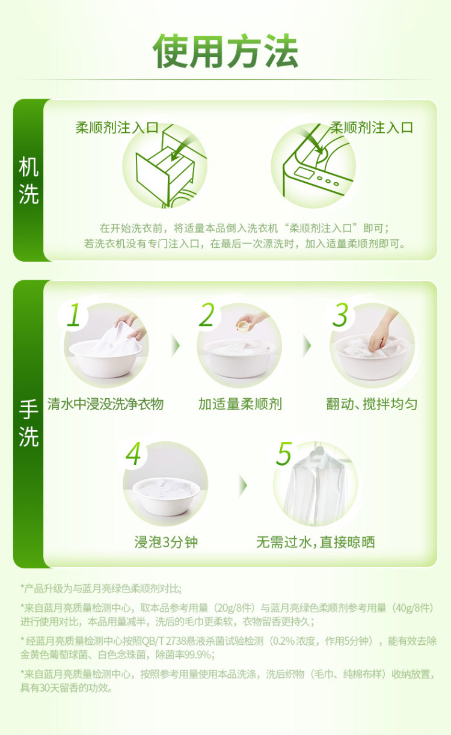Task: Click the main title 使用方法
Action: [x=226, y=51]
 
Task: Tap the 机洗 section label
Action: [x=28, y=180]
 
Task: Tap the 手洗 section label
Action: [x=28, y=423]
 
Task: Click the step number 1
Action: [x=73, y=315]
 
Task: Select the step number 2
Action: [x=207, y=315]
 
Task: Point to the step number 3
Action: [x=340, y=315]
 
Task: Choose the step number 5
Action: [x=284, y=454]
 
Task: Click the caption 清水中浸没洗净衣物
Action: [x=105, y=404]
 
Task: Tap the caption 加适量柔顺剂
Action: [x=240, y=404]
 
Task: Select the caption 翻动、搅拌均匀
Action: [x=372, y=404]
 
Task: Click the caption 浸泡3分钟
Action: [x=166, y=542]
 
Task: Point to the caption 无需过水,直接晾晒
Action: [x=316, y=542]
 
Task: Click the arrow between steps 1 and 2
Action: [x=176, y=345]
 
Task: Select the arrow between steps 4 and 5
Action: [x=243, y=485]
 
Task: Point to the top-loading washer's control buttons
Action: [x=328, y=181]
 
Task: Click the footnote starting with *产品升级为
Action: [x=100, y=589]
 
